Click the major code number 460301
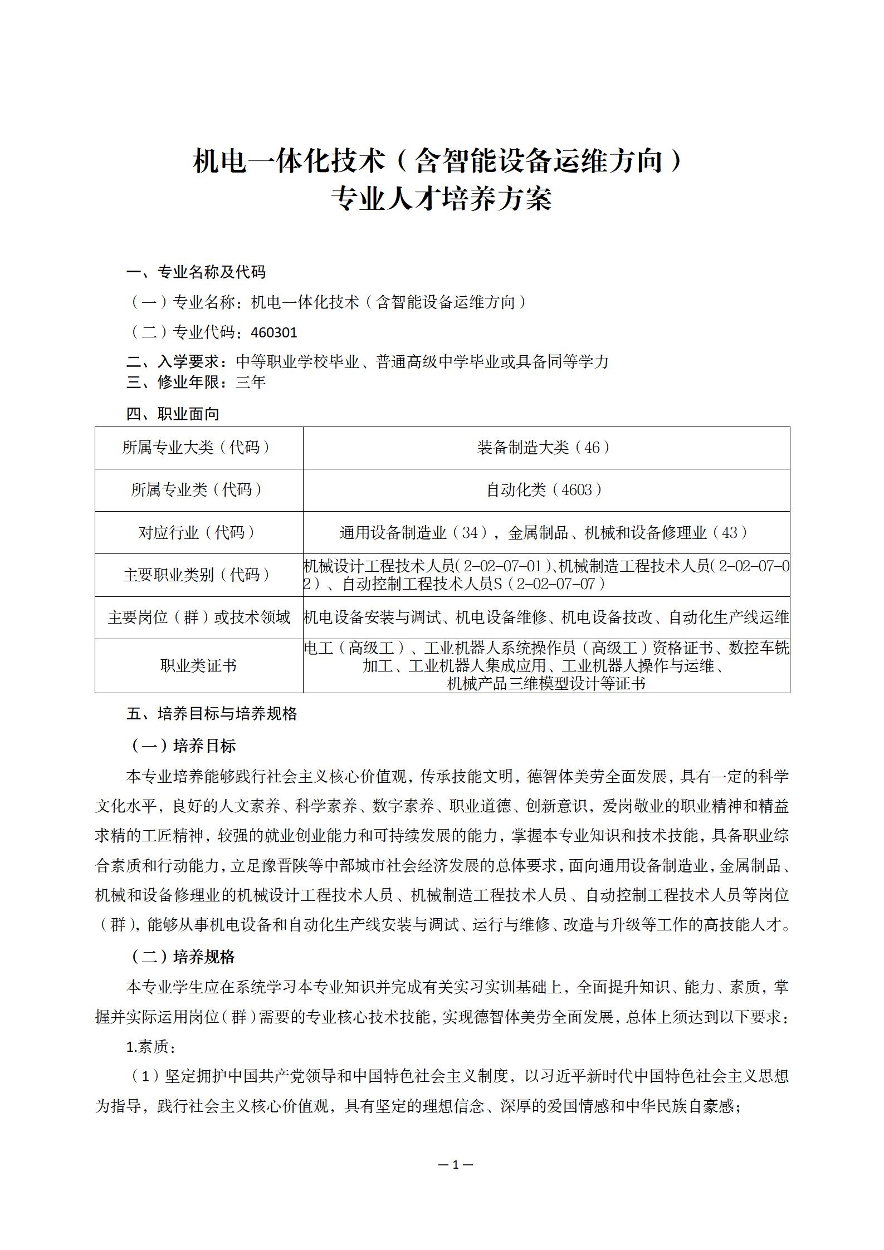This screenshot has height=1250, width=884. coord(274,332)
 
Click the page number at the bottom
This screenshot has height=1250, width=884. coord(455,1165)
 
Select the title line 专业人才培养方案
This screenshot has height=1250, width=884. coord(441,199)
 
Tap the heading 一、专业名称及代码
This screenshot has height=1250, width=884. coord(196,272)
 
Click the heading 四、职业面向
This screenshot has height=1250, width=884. coord(173,414)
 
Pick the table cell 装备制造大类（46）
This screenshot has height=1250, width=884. coord(546,448)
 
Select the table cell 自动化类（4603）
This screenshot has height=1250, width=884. coord(546,490)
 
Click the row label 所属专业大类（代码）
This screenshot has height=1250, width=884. coord(198,448)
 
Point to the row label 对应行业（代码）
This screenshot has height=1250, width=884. coord(198,532)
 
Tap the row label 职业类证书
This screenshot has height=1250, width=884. coord(198,665)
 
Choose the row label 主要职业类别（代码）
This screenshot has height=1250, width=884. coord(198,575)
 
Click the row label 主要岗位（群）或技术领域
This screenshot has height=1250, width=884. coord(198,617)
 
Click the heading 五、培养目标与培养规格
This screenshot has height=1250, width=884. coord(212,714)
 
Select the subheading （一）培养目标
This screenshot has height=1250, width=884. coord(184,746)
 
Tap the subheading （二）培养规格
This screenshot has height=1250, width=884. coord(184,957)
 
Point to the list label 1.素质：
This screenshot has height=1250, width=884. coord(152,1047)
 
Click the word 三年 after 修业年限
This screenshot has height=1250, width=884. coord(251,383)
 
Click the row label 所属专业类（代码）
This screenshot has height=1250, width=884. coord(198,490)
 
